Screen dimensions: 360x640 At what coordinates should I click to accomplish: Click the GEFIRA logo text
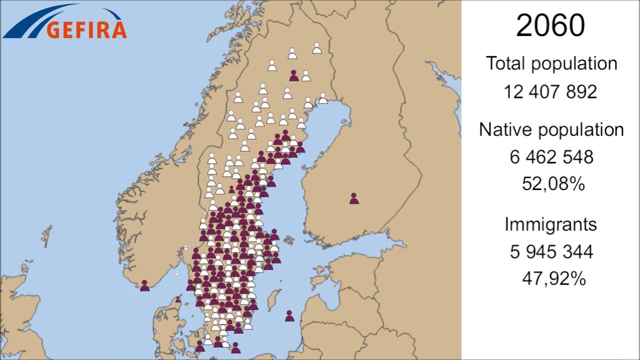(86, 29)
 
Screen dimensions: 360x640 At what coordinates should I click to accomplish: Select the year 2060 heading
(550, 25)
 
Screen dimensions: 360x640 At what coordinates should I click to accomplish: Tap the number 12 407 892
(550, 92)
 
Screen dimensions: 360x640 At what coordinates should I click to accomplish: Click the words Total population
(551, 64)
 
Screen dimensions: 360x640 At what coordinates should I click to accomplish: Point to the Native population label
(551, 130)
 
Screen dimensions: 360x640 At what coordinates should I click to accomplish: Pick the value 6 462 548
(551, 157)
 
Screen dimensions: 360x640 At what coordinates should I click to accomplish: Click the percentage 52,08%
(553, 184)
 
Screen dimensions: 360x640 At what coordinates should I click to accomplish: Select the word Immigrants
(550, 224)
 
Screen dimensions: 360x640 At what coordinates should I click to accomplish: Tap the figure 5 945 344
(551, 251)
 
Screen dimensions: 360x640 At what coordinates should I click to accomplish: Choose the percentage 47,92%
(553, 278)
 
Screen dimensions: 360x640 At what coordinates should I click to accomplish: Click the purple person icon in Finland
(354, 199)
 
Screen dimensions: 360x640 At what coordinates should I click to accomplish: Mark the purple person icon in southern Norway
(145, 286)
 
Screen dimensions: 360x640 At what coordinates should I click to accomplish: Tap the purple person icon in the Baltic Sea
(289, 316)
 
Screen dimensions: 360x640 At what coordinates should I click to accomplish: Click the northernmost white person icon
(317, 48)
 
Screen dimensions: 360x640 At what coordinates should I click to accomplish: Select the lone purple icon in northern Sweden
(294, 76)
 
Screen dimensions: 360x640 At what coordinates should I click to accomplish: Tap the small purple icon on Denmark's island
(178, 299)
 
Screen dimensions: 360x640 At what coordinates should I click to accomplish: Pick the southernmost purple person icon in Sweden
(235, 348)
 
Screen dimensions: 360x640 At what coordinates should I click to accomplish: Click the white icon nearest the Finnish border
(323, 98)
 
